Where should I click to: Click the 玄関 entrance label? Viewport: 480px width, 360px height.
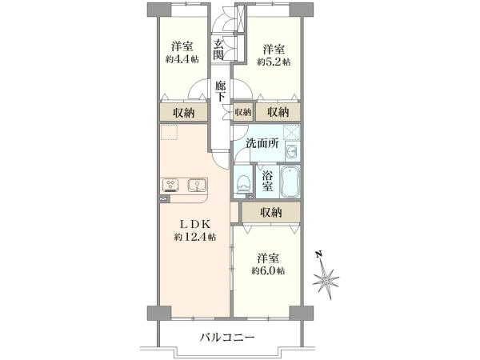pos(218,50)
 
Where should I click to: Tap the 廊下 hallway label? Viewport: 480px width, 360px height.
pos(221,91)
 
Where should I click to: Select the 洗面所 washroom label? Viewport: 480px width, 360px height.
pos(262,143)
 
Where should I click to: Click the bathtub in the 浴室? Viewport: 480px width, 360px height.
pos(290,182)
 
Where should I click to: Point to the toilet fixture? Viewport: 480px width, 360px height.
pos(244,182)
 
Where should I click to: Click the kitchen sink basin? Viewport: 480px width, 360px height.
pos(197,185)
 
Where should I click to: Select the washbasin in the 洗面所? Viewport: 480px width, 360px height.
pos(292,150)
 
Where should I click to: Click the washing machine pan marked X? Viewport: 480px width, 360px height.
pos(291,132)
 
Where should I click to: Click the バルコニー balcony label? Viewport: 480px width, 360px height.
pos(227,338)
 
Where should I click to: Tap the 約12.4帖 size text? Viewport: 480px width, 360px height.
pos(195,237)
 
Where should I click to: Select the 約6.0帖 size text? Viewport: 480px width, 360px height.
pos(269,270)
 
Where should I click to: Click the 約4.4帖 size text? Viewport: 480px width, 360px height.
pos(182,59)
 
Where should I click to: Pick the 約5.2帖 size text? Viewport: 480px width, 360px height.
pos(274,62)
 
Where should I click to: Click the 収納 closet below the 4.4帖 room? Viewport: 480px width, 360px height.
pos(184,113)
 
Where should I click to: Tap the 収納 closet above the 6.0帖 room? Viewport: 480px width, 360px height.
pos(271,212)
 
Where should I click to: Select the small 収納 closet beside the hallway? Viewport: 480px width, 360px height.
pos(242,112)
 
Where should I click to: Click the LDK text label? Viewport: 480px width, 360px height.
pos(195,225)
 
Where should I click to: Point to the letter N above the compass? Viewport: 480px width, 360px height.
pos(318,254)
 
